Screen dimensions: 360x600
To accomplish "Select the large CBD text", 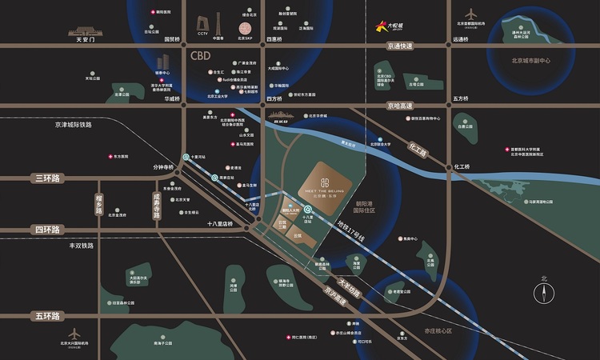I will pos(201,58).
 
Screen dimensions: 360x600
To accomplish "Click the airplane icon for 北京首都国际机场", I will pos(472,14).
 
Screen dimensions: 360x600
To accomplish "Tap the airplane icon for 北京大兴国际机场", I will pos(74,333).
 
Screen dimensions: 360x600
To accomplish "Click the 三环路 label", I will pos(48,178).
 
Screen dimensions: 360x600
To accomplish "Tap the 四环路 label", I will pos(47,230).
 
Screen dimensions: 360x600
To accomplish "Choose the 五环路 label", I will pos(47,316).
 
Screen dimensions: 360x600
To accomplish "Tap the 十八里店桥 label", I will pos(219,223).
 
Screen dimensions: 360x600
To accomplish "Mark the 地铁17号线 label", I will pos(350,233).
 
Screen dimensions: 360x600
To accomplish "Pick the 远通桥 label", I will pos(460,38).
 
